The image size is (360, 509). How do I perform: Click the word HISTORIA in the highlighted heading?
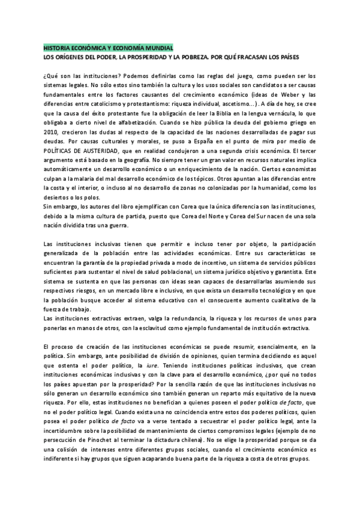(59, 47)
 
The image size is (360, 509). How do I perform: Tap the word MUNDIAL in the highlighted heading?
(157, 47)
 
